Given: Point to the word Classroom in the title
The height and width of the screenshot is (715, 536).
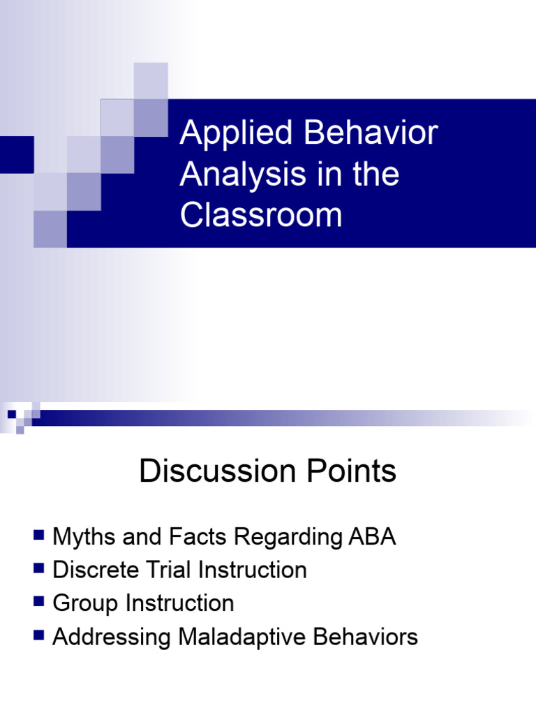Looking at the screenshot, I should [x=261, y=214].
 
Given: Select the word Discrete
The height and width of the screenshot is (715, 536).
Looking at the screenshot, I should [x=97, y=570].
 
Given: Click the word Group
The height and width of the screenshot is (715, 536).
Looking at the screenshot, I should [x=84, y=603].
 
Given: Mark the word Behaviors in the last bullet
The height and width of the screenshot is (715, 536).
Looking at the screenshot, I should [x=366, y=637].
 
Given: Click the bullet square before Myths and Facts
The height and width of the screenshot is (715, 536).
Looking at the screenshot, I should [x=39, y=536].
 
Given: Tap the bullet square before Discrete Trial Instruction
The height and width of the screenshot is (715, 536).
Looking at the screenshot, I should [x=39, y=569].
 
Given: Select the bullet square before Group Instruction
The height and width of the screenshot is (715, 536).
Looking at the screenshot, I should [x=39, y=602].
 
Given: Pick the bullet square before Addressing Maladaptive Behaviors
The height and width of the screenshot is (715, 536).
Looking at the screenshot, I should [x=39, y=635].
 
